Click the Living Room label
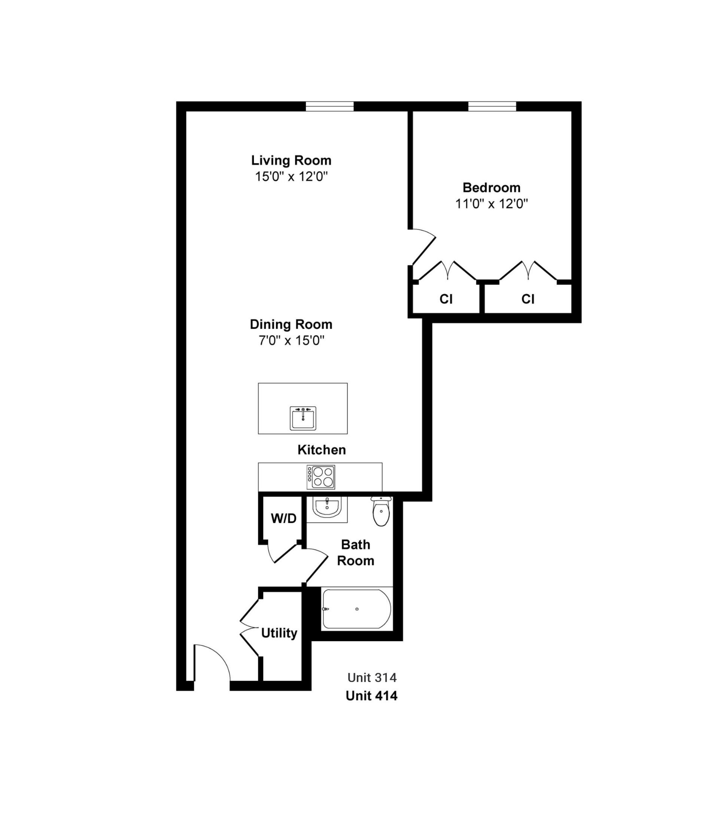point(291,160)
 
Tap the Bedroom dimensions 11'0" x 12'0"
point(491,204)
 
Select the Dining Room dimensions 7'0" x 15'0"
point(291,340)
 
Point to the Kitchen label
point(322,450)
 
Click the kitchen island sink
point(303,418)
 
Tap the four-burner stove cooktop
point(320,477)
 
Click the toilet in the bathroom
point(381,511)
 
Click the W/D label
point(283,518)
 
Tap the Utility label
point(279,633)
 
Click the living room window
point(330,106)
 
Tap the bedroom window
point(492,106)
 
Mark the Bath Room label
point(355,552)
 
